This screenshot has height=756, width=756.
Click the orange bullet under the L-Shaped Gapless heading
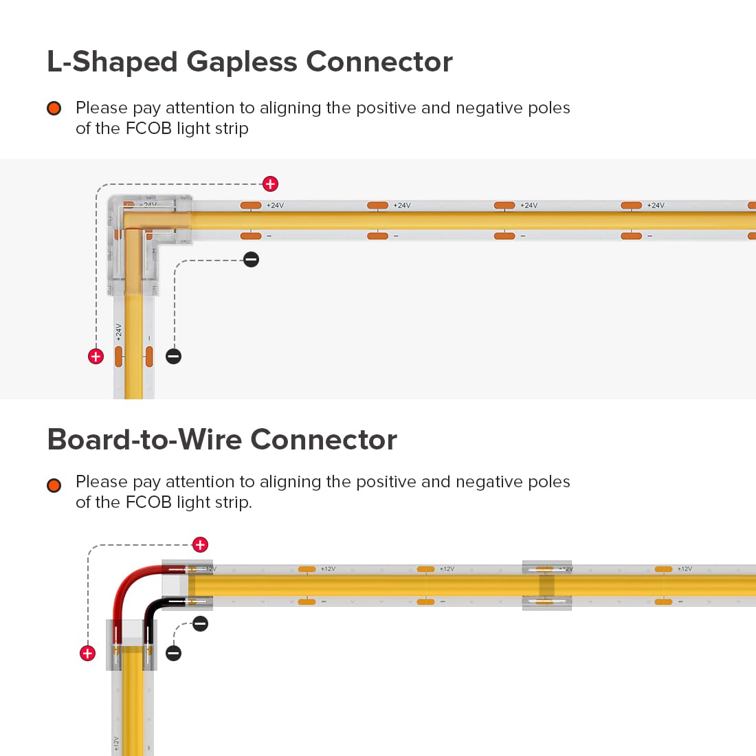coord(54,109)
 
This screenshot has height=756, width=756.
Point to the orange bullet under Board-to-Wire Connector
coord(54,485)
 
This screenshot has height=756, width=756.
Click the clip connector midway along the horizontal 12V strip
coord(546,586)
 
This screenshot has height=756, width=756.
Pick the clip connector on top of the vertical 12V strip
coord(131,645)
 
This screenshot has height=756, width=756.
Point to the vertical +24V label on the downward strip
coord(119,333)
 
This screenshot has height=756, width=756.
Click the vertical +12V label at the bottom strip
coord(116,745)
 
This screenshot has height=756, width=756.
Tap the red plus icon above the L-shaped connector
coord(270,184)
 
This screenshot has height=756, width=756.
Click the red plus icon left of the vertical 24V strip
coord(96,356)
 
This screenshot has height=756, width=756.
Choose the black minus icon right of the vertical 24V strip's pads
coord(174,356)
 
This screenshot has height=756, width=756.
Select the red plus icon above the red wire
coord(200,545)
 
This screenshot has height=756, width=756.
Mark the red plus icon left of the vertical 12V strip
coord(87,653)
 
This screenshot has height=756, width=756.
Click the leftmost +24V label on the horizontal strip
coord(275,205)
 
